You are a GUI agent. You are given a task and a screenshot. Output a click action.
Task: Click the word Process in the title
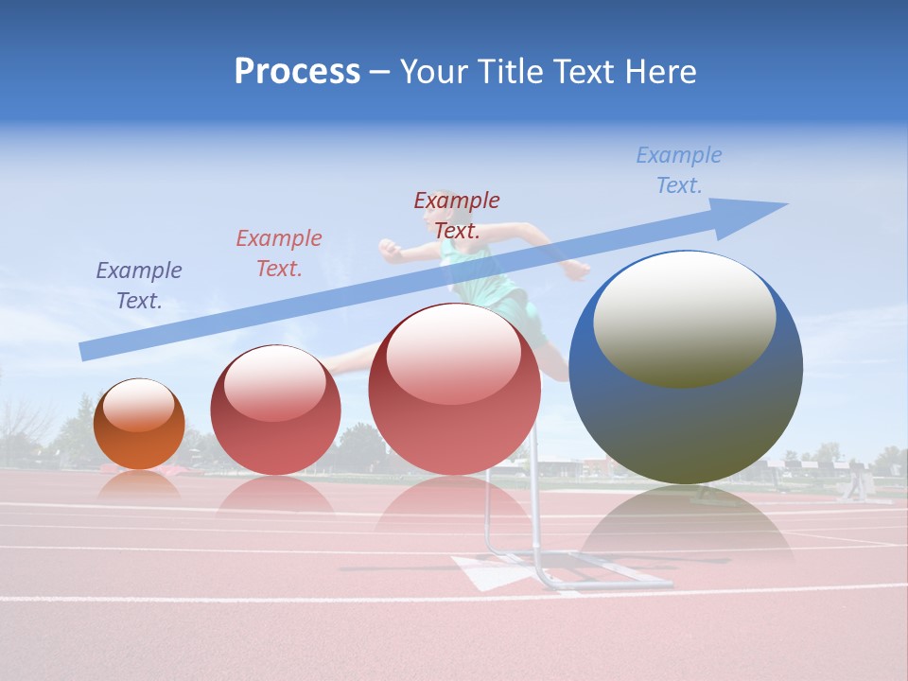[x=297, y=72]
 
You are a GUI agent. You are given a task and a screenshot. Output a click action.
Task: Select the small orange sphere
[x=139, y=425]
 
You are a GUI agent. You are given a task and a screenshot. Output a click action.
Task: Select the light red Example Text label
[x=279, y=253]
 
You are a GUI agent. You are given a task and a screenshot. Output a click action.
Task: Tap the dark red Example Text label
[x=457, y=215]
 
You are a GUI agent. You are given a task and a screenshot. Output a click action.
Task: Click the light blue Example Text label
[x=679, y=170]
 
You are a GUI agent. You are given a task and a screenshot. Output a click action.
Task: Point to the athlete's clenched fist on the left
[x=390, y=250]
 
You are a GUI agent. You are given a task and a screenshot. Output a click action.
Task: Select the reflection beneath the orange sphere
[x=139, y=484]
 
